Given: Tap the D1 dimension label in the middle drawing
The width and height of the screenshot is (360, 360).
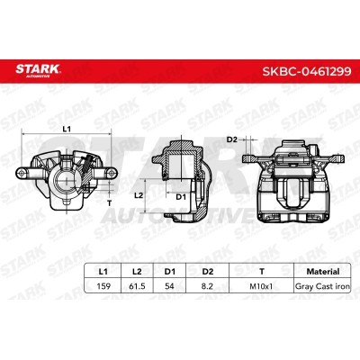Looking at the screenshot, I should coord(180,196).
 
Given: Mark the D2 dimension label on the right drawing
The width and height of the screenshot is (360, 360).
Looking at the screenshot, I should coord(231,139).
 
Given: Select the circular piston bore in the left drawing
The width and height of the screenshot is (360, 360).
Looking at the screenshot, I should coord(65,177).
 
